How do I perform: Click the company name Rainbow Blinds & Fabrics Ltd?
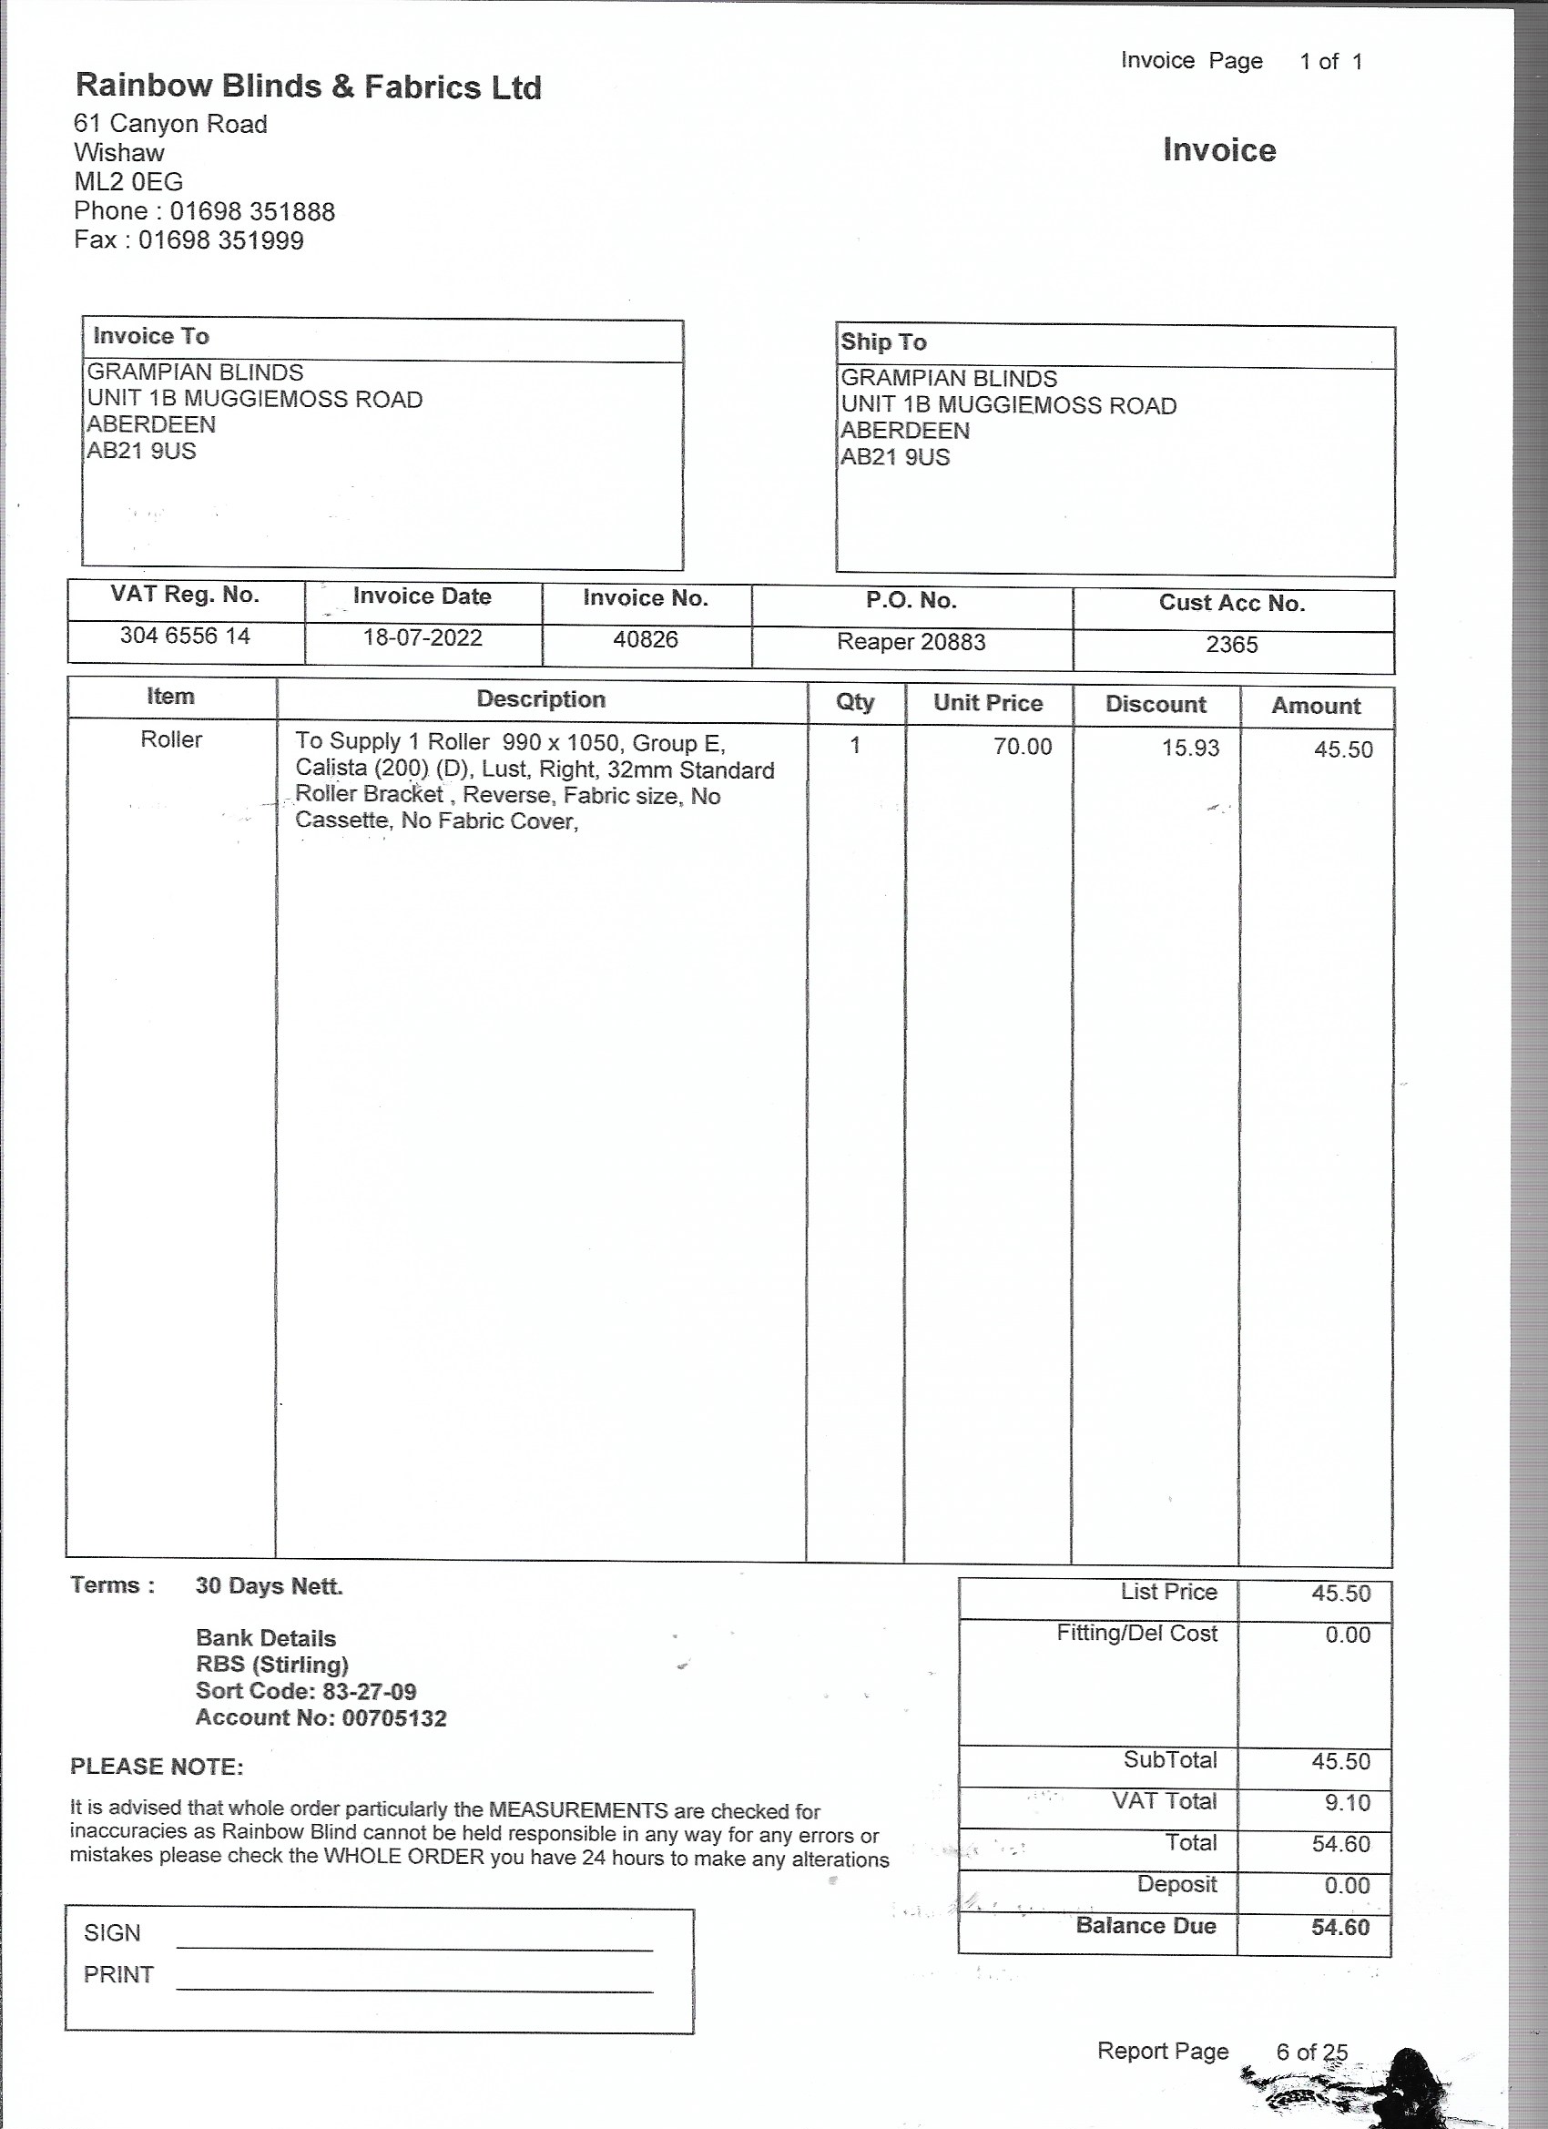point(308,87)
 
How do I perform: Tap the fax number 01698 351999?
point(220,240)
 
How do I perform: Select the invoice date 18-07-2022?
point(423,638)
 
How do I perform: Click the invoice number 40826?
point(645,640)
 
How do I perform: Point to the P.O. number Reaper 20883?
point(911,642)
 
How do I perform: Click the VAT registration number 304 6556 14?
point(185,636)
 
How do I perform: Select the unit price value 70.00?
point(1023,748)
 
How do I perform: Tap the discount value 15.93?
point(1190,749)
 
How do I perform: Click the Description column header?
point(541,699)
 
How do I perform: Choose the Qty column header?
point(854,702)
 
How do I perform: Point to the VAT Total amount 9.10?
point(1349,1802)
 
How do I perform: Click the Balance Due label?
point(1146,1926)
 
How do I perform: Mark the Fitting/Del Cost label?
point(1136,1634)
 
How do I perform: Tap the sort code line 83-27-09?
point(305,1692)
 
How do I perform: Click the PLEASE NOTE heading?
point(157,1767)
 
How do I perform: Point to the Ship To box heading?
point(883,341)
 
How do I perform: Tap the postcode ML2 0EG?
point(128,181)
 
